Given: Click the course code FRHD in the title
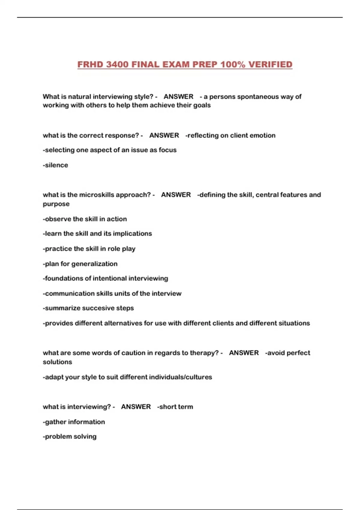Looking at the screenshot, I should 90,64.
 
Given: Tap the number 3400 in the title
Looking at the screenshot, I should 117,64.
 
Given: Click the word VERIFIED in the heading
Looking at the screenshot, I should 270,64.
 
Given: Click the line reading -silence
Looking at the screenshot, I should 55,165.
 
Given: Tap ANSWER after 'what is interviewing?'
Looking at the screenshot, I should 136,407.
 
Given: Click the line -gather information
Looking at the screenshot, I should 74,422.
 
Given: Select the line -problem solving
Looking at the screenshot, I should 70,436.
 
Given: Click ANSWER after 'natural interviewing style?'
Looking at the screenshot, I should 178,97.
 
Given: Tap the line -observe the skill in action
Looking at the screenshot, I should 85,219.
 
